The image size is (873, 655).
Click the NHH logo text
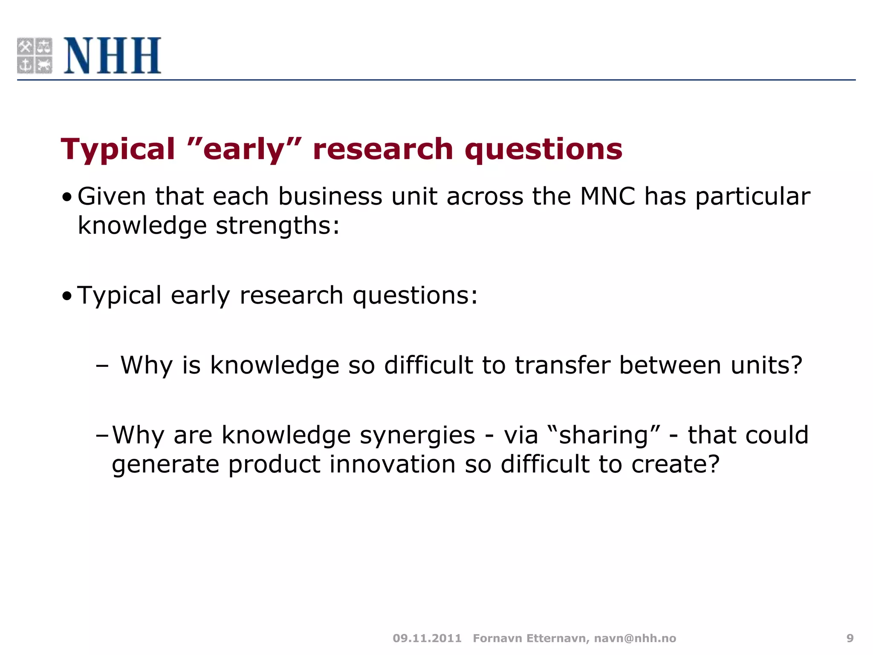coord(113,56)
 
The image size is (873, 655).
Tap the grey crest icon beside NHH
coord(35,56)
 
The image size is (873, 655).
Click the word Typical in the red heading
coord(118,150)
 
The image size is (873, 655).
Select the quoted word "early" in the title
coord(244,150)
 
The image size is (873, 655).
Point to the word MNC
coord(607,197)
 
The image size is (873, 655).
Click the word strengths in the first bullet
coord(277,226)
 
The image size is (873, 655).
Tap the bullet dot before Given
coord(67,198)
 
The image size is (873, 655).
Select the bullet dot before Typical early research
coord(67,296)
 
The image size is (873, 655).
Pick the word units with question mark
coord(766,365)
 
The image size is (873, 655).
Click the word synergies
coord(417,435)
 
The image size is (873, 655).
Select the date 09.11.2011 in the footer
coord(427,638)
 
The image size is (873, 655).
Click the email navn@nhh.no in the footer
coord(635,638)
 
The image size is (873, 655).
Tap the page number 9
coord(850,638)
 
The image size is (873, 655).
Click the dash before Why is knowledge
coord(102,366)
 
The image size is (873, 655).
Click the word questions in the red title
coord(543,150)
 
